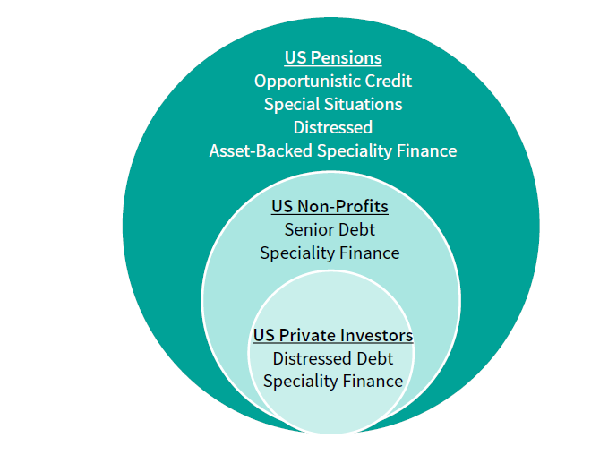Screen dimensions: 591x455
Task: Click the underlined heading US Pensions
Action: click(x=333, y=58)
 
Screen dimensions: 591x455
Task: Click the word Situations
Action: click(x=362, y=105)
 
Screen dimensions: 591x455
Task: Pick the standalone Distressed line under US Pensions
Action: click(x=333, y=127)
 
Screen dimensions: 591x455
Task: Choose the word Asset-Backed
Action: click(x=261, y=150)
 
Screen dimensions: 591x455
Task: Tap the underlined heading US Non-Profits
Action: click(x=330, y=207)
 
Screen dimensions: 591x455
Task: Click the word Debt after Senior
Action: click(x=357, y=229)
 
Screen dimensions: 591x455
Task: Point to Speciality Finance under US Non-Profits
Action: click(x=330, y=253)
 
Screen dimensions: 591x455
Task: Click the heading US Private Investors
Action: click(x=333, y=336)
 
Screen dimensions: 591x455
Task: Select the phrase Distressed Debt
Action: click(x=333, y=358)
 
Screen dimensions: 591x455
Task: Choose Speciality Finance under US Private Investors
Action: click(x=333, y=382)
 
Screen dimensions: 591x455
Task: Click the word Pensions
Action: click(x=347, y=58)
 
